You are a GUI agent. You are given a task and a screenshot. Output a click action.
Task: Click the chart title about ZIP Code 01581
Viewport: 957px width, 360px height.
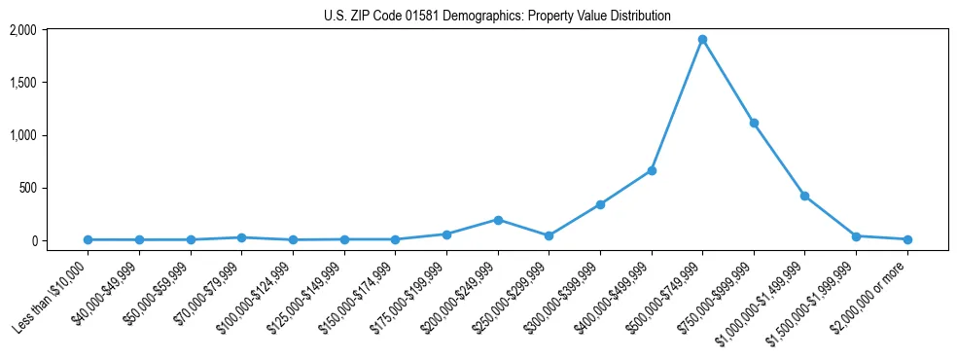coord(497,16)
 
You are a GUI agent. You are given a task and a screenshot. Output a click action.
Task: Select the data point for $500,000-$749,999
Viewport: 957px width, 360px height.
coord(702,39)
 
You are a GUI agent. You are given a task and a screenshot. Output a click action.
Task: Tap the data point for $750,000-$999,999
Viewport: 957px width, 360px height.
coord(754,123)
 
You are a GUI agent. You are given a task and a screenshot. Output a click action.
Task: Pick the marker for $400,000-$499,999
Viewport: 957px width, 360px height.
coord(652,170)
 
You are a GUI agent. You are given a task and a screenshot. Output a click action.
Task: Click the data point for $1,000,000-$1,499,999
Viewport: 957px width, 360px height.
coord(805,196)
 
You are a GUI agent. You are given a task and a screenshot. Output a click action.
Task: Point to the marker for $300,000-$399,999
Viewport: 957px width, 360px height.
coord(600,204)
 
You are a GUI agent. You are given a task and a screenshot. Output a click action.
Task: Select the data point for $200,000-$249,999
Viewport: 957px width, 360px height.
coord(498,220)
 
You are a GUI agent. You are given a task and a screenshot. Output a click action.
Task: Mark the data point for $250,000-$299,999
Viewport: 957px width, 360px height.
coord(549,235)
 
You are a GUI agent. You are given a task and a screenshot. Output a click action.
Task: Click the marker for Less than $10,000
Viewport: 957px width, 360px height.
coord(88,239)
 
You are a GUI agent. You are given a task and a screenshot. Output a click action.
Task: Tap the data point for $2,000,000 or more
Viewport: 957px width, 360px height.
coord(907,239)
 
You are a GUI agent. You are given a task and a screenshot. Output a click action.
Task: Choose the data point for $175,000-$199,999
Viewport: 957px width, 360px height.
coord(446,234)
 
